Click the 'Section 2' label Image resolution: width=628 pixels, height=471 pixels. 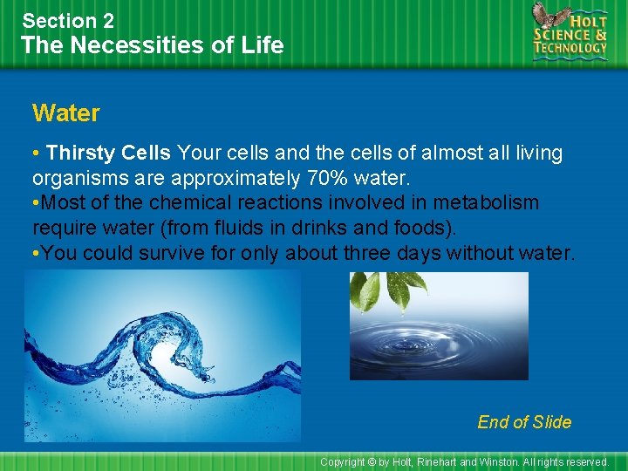click(68, 20)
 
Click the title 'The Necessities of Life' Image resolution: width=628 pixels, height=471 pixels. click(153, 45)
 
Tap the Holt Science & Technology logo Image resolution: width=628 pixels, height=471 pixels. click(570, 32)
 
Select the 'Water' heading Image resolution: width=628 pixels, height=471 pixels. click(65, 113)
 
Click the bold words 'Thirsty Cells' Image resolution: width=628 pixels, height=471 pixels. click(109, 154)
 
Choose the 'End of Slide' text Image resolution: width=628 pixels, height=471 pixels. click(524, 422)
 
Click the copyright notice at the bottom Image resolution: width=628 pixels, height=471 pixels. click(464, 461)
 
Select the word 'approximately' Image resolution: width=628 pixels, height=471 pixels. click(227, 179)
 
